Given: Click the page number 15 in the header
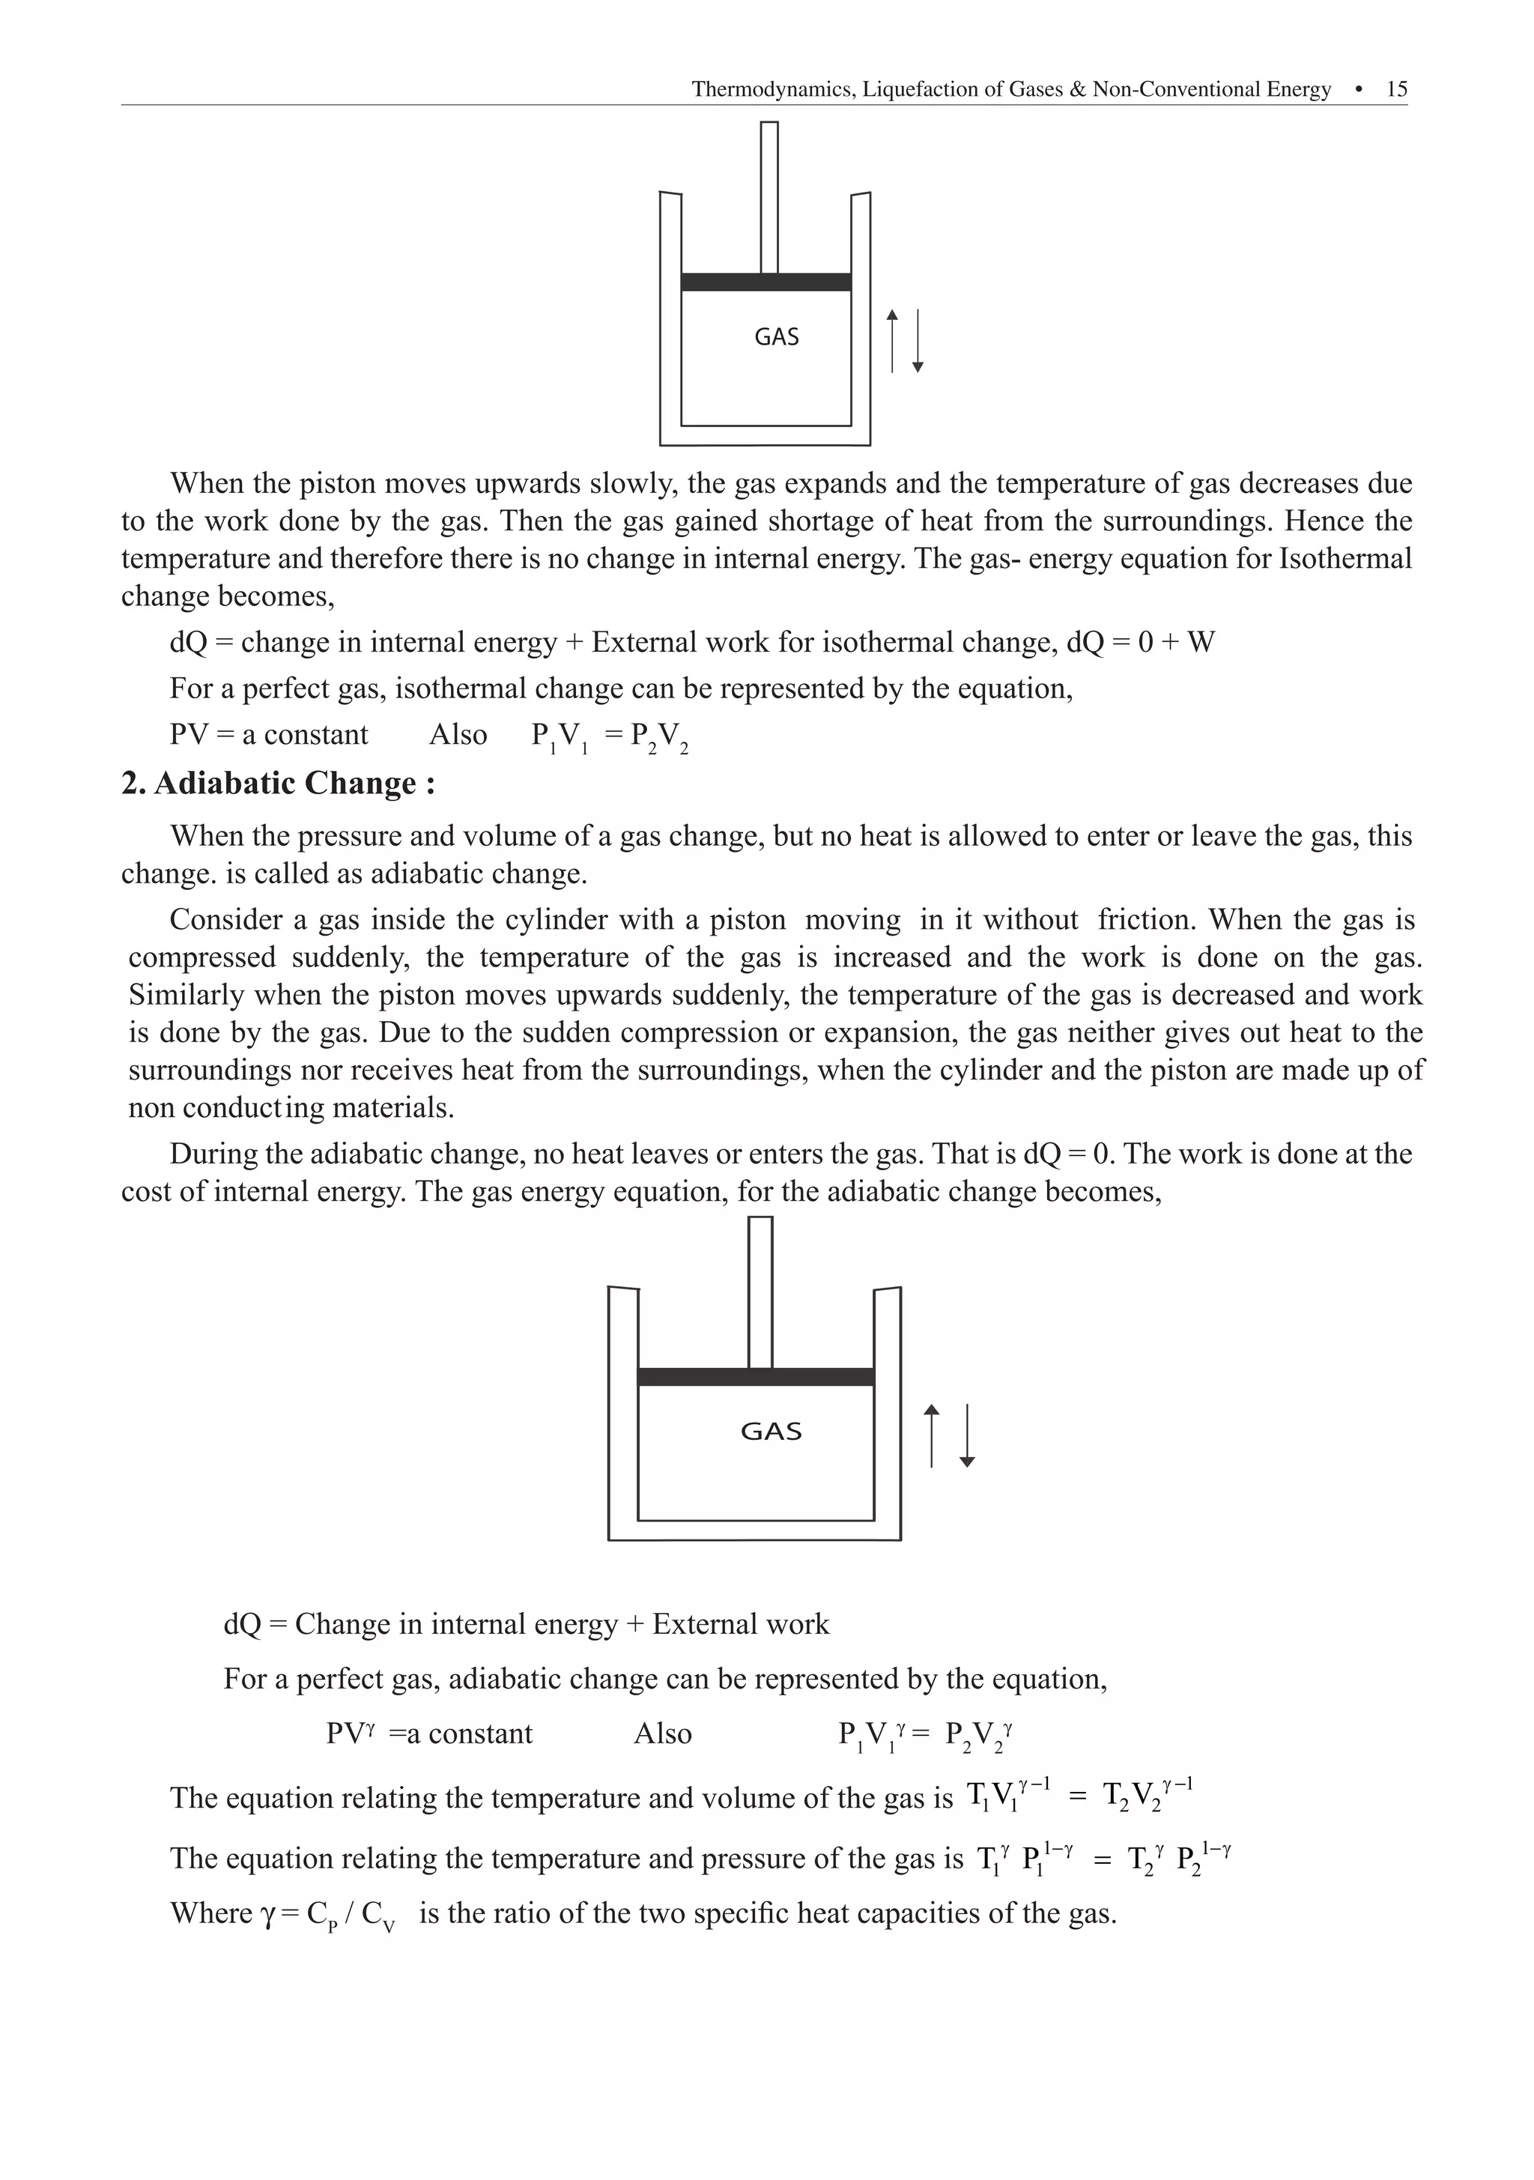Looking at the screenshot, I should (1395, 89).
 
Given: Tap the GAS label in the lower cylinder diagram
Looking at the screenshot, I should (771, 1431).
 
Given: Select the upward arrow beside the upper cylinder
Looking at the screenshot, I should (891, 340).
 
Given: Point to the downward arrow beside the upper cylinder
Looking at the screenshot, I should (917, 340).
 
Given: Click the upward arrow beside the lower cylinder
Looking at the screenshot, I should (931, 1435).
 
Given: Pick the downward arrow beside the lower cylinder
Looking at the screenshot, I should (966, 1435).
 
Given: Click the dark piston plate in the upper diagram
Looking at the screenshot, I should (765, 282).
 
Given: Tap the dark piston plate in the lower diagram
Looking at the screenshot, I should (755, 1377).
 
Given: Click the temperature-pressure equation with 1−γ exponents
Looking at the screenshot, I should (1103, 1857).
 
